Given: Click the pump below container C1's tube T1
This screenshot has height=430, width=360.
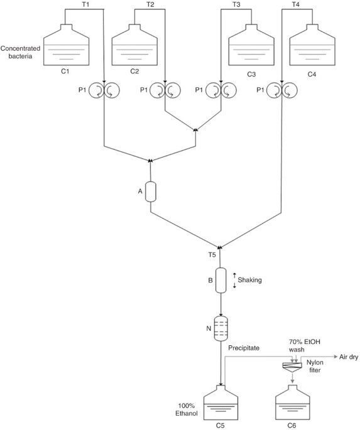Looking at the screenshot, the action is click(104, 90).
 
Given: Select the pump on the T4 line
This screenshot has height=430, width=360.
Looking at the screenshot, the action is click(281, 90).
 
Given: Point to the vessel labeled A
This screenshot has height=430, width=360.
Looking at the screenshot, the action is click(150, 191).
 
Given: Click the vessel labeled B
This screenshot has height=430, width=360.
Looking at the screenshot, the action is click(221, 280).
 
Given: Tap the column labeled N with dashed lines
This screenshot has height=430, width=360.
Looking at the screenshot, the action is click(221, 328).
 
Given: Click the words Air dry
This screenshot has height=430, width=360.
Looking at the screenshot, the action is click(349, 357).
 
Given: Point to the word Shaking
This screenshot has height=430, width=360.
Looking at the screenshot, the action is click(249, 280).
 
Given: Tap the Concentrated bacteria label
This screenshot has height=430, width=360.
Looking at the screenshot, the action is click(20, 52).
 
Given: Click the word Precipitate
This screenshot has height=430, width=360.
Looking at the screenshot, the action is click(244, 348).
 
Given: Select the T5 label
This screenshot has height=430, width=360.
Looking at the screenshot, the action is click(212, 255).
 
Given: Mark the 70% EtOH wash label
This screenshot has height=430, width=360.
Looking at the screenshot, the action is click(305, 345).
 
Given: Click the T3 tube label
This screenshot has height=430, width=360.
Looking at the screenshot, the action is click(236, 4).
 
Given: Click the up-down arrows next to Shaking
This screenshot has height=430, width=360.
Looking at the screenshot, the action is click(234, 280).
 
